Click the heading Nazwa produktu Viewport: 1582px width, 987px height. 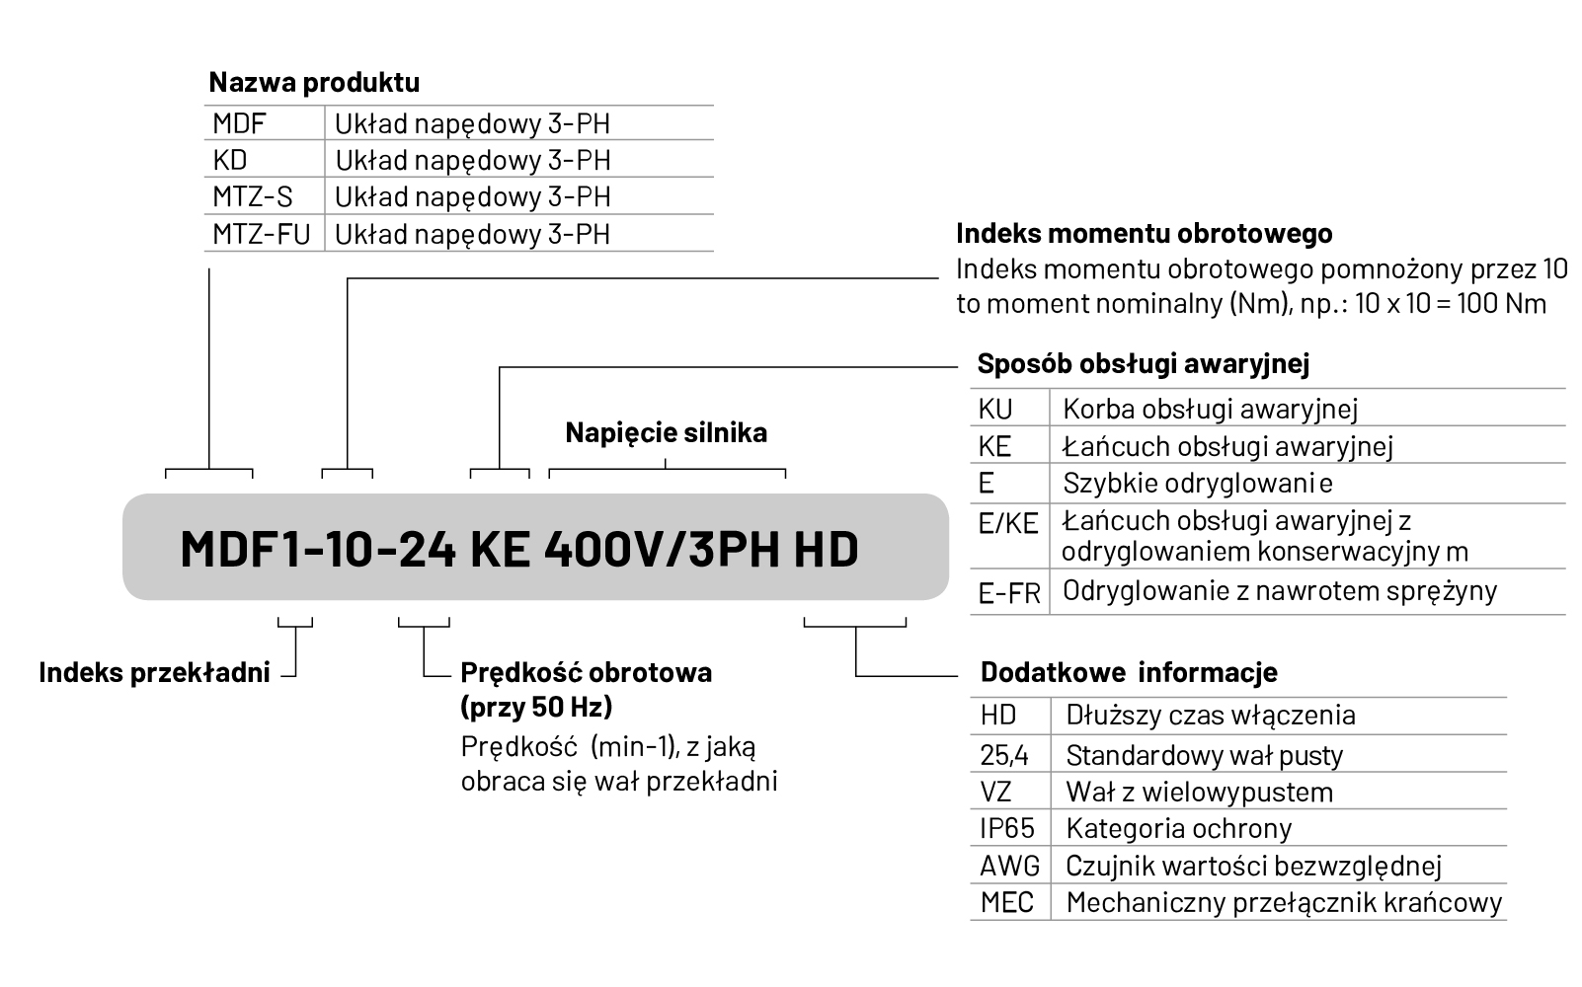[x=313, y=82]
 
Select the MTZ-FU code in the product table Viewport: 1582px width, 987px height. [x=261, y=234]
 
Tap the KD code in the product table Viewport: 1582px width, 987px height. [x=230, y=160]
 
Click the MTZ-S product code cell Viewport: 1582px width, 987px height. [x=253, y=196]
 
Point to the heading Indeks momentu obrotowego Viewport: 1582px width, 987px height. [x=1144, y=234]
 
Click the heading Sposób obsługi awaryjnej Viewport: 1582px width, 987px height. [x=1143, y=364]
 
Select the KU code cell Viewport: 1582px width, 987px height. [x=995, y=409]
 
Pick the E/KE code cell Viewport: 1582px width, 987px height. [x=1007, y=523]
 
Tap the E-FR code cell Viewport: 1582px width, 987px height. [x=1009, y=593]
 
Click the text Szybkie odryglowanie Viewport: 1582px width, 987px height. [x=1197, y=484]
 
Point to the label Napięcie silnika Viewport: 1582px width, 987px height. [x=666, y=432]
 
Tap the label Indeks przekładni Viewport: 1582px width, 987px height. [x=154, y=673]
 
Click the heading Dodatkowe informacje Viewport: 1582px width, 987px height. [x=1128, y=673]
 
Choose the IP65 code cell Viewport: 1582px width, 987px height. [x=1006, y=829]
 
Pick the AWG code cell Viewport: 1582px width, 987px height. [x=1009, y=867]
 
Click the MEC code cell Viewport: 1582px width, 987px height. [x=1006, y=903]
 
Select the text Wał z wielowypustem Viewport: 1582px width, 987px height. [x=1199, y=793]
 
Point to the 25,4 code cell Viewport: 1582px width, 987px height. [x=1003, y=756]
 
